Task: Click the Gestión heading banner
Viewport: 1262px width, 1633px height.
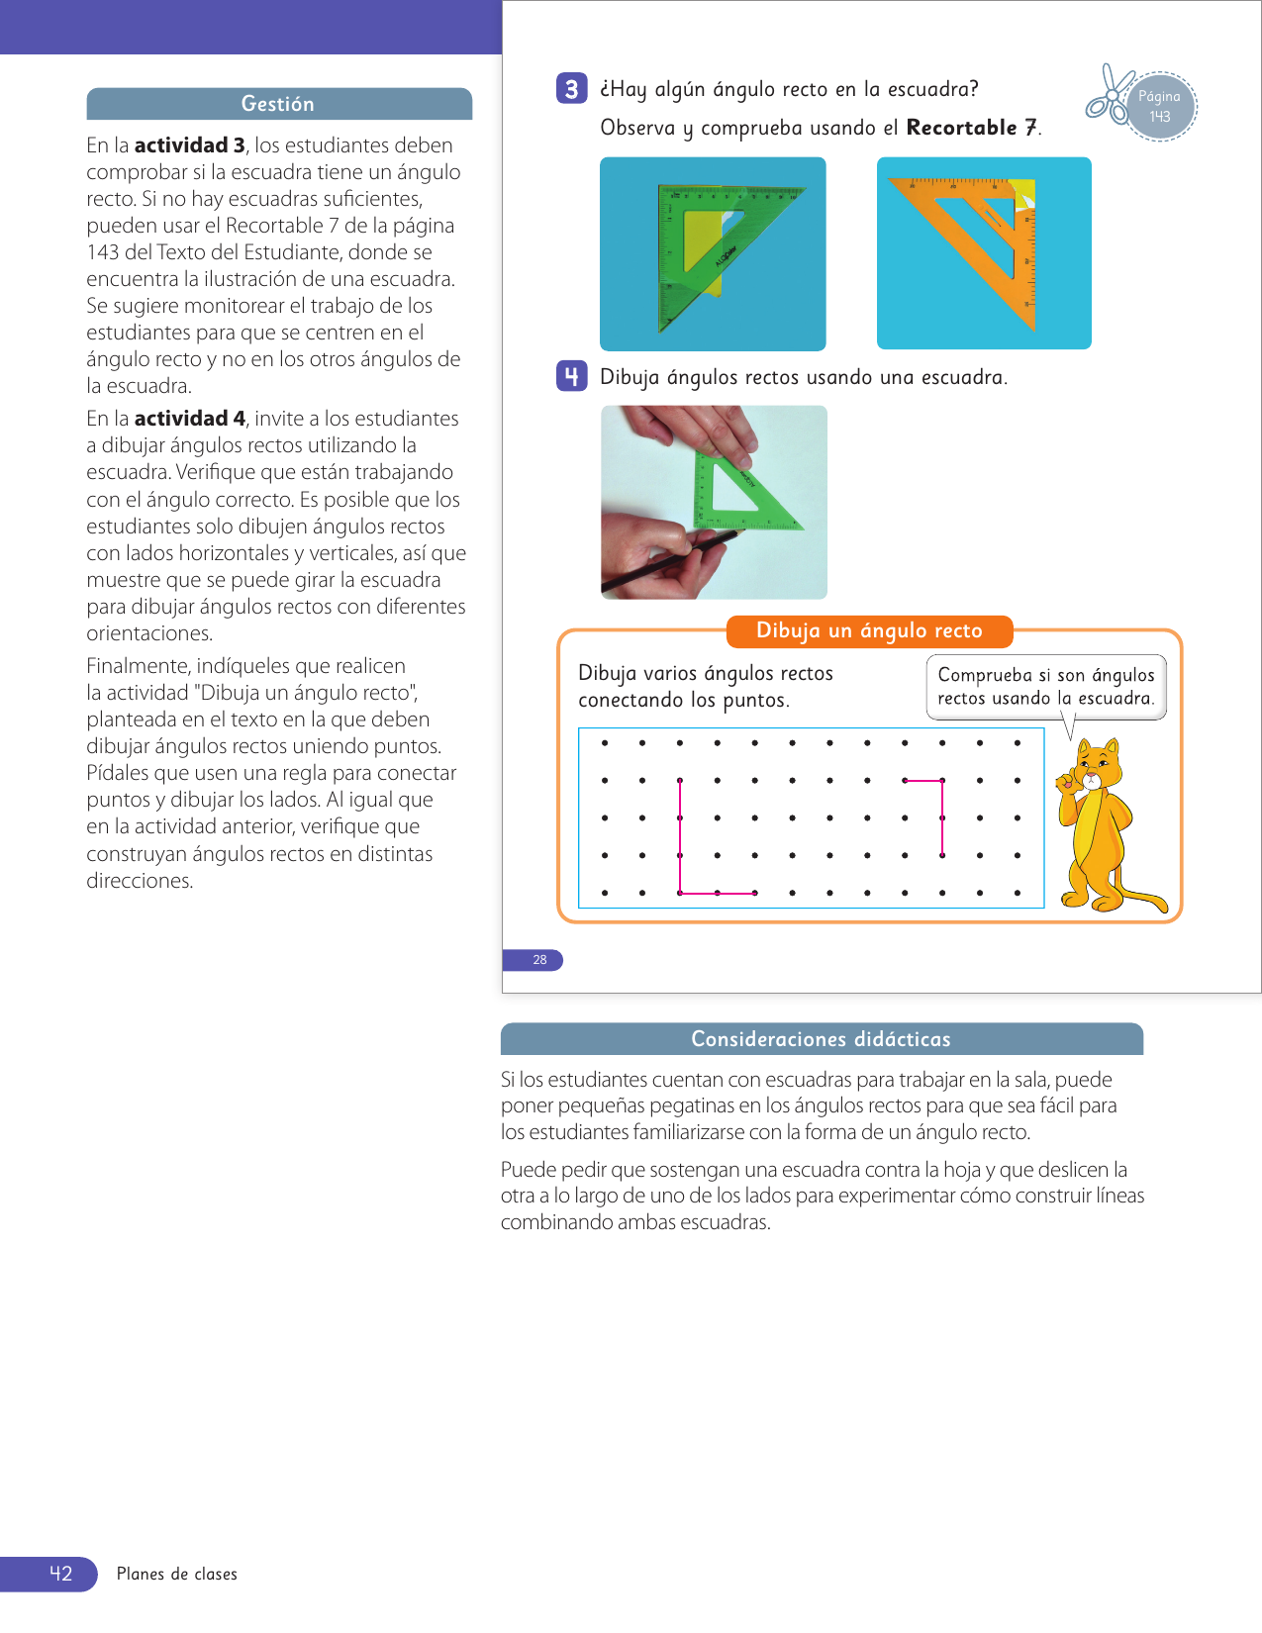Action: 278,104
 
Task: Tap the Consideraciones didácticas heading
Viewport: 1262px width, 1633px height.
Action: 821,1039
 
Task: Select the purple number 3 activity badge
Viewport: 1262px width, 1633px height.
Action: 571,89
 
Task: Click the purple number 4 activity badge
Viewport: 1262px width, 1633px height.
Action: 571,376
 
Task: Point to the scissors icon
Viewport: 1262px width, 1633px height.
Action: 1110,95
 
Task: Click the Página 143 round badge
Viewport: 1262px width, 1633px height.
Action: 1160,106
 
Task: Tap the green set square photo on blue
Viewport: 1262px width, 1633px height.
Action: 713,253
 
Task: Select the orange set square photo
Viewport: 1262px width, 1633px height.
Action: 984,253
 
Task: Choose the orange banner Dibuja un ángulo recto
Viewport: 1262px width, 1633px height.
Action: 869,630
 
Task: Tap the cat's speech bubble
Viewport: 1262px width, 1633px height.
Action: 1045,687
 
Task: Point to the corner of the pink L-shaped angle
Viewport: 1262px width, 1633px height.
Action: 680,893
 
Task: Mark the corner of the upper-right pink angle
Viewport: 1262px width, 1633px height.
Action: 942,781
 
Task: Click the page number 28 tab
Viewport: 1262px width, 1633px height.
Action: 538,959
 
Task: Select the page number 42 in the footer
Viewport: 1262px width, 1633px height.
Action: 60,1574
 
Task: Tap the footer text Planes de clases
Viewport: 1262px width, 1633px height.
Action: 177,1574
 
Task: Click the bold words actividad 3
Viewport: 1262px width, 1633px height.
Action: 189,145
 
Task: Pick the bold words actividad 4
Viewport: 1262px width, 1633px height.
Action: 189,419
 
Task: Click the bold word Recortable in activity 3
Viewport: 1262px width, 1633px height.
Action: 961,128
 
